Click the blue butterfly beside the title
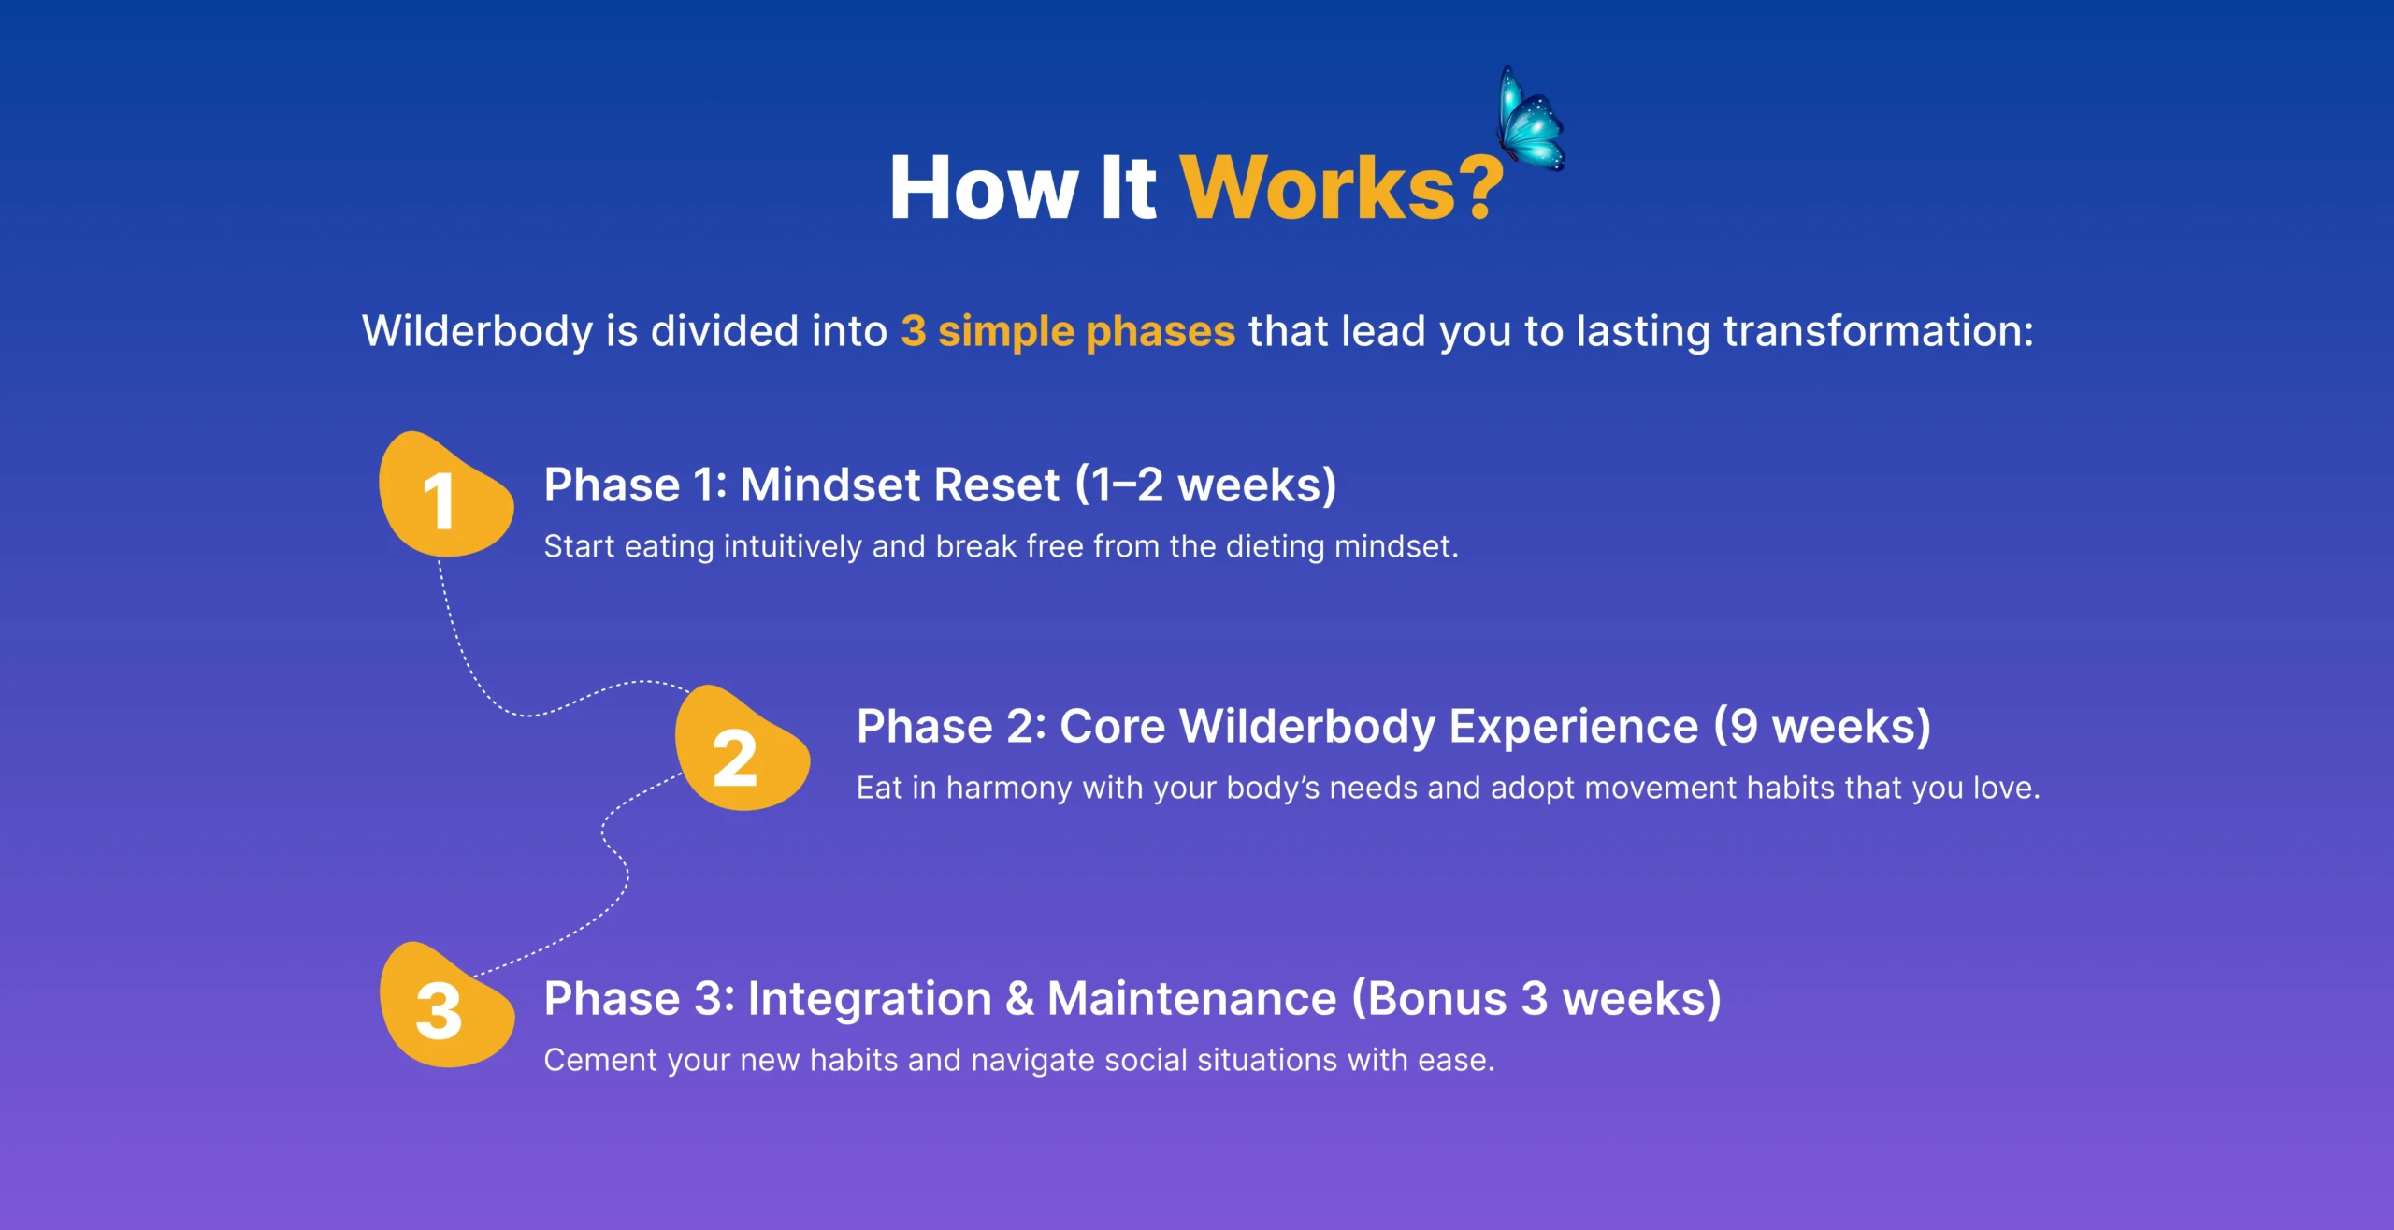tap(1531, 120)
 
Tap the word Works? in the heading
tap(1342, 188)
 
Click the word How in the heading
tap(984, 188)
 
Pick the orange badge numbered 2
tap(743, 748)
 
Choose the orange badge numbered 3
tap(446, 1005)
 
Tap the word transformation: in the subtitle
tap(1878, 331)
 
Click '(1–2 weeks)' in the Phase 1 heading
tap(1206, 485)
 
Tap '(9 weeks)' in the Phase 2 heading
tap(1823, 727)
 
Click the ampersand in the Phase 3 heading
tap(1020, 999)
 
